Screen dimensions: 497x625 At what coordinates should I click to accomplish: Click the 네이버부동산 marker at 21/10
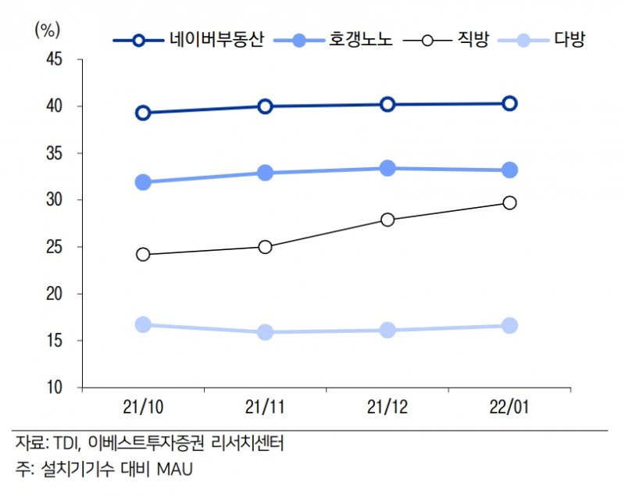click(x=143, y=113)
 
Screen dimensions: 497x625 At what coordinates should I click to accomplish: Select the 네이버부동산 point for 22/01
click(x=509, y=103)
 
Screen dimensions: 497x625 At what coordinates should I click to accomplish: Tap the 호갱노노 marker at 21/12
click(x=387, y=168)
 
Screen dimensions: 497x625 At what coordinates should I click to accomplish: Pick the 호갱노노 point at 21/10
click(x=143, y=183)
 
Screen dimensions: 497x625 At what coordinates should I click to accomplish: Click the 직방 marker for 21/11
click(x=265, y=247)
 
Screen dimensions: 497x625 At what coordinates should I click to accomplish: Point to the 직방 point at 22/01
click(x=509, y=202)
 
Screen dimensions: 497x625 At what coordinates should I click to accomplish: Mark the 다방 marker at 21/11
click(x=265, y=332)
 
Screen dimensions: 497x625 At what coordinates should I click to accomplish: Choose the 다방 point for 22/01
click(x=509, y=326)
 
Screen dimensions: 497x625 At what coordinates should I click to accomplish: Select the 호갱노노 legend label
click(x=361, y=40)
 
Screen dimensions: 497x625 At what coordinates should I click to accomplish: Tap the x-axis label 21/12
click(x=387, y=408)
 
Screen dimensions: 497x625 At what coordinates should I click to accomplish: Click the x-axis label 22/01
click(x=509, y=408)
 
